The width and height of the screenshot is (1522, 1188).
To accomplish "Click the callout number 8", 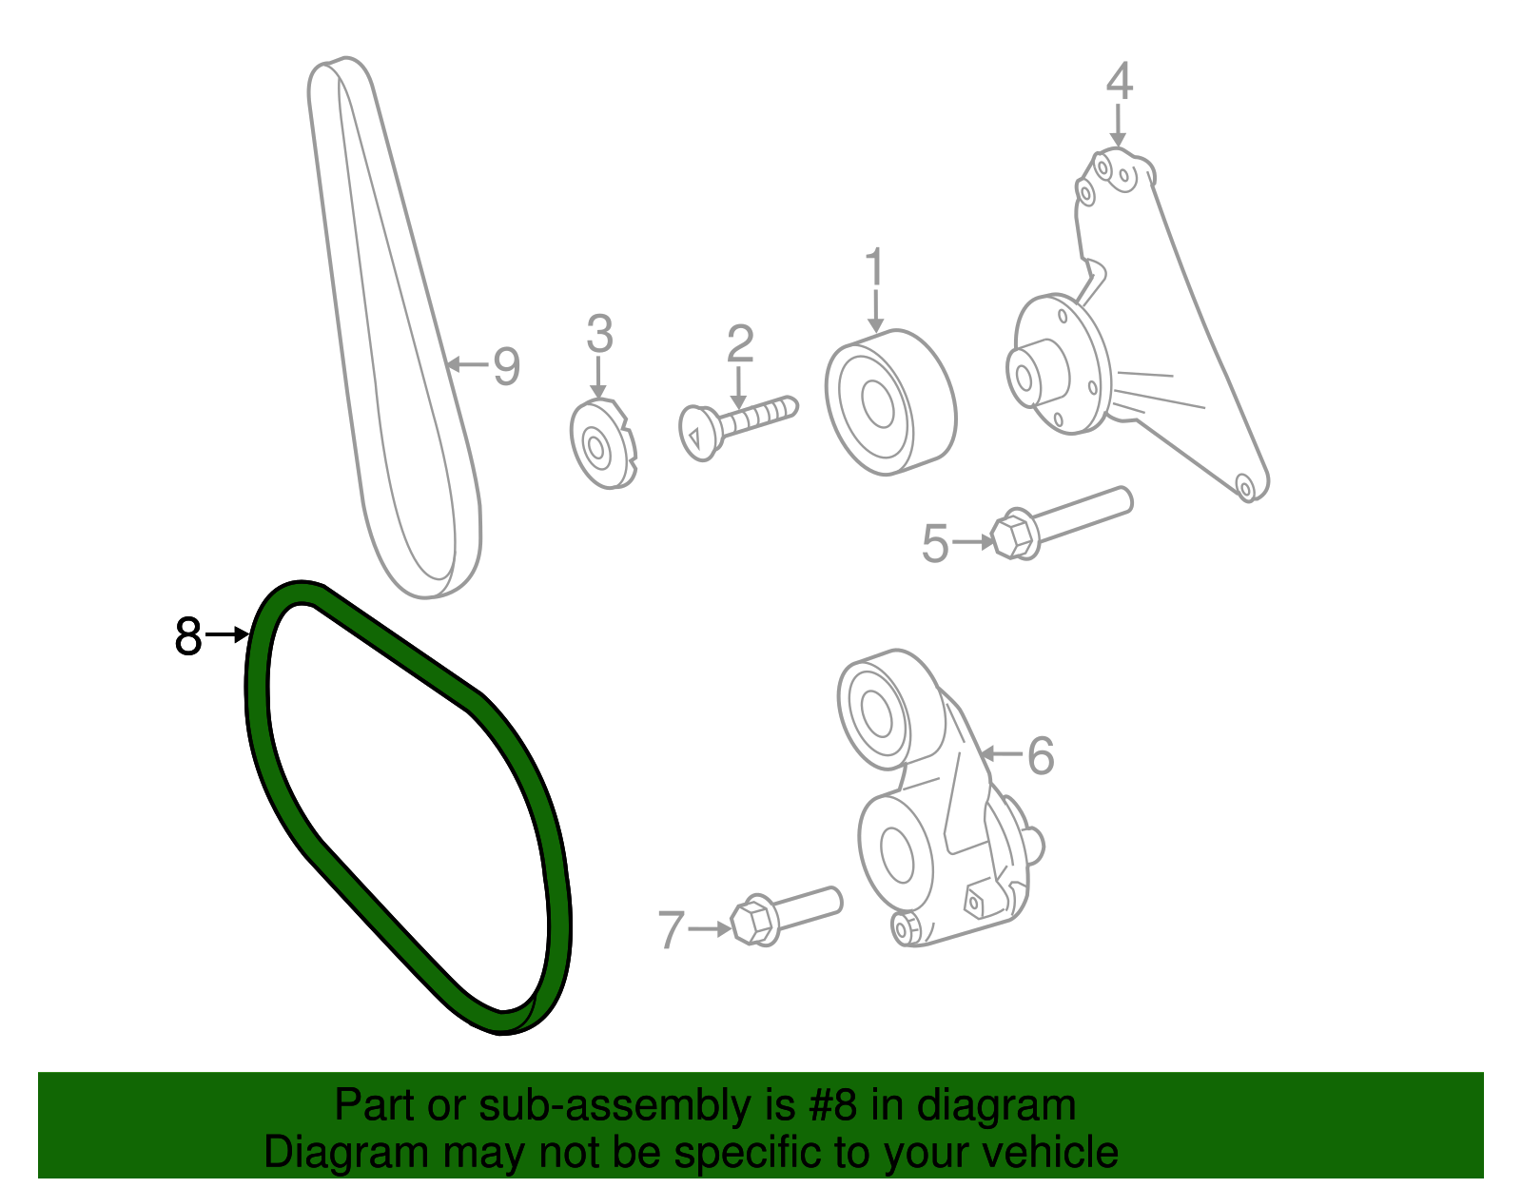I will tap(188, 636).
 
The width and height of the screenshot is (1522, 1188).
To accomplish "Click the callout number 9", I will tap(506, 365).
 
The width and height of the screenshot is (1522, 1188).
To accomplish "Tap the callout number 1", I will tap(874, 268).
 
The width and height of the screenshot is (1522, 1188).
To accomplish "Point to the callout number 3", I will tap(599, 334).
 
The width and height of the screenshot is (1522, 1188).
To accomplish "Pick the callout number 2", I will tap(739, 344).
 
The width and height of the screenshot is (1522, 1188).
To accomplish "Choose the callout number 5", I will tap(935, 544).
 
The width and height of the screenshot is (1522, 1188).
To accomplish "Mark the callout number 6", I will tap(1041, 756).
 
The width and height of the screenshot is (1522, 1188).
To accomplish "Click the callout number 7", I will tap(672, 929).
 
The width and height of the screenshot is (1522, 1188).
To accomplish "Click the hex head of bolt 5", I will tap(1012, 537).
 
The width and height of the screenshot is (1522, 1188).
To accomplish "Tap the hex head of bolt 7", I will tap(751, 922).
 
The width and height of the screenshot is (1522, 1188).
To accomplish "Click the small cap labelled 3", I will tap(602, 445).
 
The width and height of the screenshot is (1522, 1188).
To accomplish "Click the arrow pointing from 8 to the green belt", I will tap(227, 634).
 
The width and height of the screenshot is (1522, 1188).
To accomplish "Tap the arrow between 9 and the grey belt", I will tap(467, 363).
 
